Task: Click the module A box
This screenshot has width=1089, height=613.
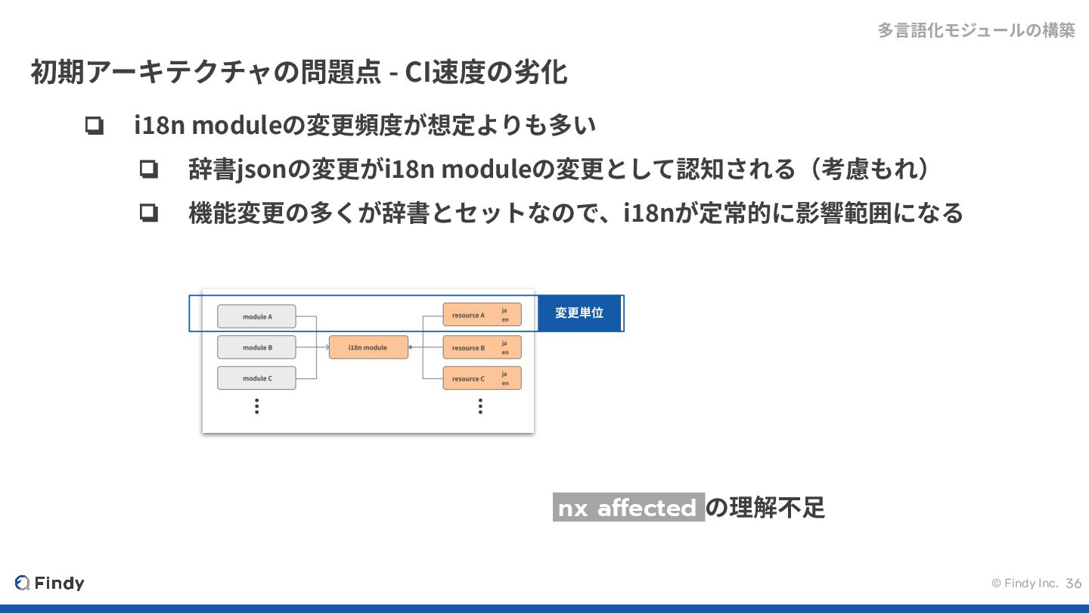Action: pyautogui.click(x=256, y=316)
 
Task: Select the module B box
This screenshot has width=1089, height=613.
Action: pyautogui.click(x=256, y=347)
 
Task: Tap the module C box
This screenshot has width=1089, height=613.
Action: pyautogui.click(x=256, y=378)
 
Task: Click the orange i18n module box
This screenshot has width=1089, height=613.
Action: pyautogui.click(x=368, y=347)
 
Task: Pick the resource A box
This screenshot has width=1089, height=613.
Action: pyautogui.click(x=482, y=315)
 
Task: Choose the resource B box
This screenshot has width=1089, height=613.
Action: pyautogui.click(x=482, y=347)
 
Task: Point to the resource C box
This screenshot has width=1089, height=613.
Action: pyautogui.click(x=482, y=378)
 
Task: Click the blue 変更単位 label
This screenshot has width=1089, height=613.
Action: pyautogui.click(x=579, y=313)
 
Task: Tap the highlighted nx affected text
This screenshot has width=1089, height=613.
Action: pyautogui.click(x=628, y=508)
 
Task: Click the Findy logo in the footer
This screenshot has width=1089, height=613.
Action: pyautogui.click(x=50, y=583)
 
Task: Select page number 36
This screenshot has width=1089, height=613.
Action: pyautogui.click(x=1074, y=583)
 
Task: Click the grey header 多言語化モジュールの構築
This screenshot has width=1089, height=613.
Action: pyautogui.click(x=976, y=30)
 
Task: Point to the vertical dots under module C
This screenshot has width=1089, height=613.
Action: pyautogui.click(x=257, y=406)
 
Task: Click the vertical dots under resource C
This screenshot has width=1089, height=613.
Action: pyautogui.click(x=480, y=406)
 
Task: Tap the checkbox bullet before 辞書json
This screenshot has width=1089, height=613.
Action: pyautogui.click(x=148, y=170)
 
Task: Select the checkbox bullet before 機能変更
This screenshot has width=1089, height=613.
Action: pyautogui.click(x=148, y=213)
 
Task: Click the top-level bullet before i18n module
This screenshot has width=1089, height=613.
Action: pyautogui.click(x=95, y=126)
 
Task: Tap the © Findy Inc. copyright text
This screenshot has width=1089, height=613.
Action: pyautogui.click(x=1024, y=583)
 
